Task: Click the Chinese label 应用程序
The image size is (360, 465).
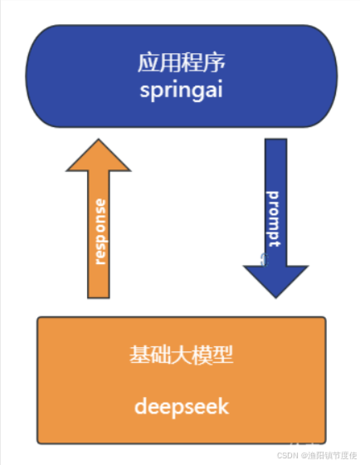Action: coord(182,62)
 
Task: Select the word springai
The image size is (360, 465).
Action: coord(182,88)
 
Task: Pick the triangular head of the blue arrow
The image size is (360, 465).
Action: coord(275,278)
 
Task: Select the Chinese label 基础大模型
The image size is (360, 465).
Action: coord(182,355)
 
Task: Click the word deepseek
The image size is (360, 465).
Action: coord(182,407)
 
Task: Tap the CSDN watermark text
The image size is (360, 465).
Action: coord(287,455)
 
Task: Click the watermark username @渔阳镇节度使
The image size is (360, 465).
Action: coord(328,455)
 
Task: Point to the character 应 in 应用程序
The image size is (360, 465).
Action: coord(148,62)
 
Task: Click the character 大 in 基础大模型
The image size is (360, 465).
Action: coord(182,355)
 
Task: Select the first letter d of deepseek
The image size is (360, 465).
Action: coord(141,407)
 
